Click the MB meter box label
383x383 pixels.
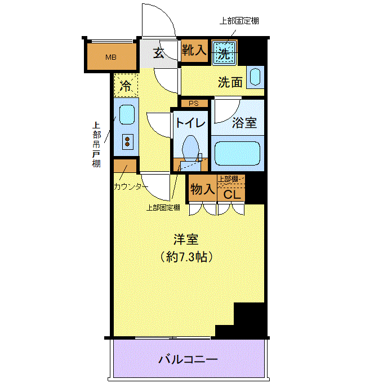click(110, 57)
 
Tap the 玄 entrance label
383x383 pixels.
click(159, 52)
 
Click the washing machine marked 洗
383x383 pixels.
click(224, 54)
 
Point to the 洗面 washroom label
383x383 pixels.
click(230, 82)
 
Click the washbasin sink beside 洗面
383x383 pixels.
click(255, 77)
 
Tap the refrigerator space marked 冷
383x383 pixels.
click(126, 86)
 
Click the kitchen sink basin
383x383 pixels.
click(127, 114)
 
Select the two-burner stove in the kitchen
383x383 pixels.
click(127, 142)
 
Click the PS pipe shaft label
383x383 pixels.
click(194, 103)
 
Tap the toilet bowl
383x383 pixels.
click(190, 148)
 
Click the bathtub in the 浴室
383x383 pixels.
click(237, 153)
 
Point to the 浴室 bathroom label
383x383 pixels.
click(244, 122)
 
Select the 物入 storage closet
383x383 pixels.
click(203, 189)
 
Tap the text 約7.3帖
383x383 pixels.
click(186, 257)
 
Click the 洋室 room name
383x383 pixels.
click(186, 239)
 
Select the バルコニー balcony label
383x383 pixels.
click(188, 359)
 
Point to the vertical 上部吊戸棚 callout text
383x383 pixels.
click(96, 144)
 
